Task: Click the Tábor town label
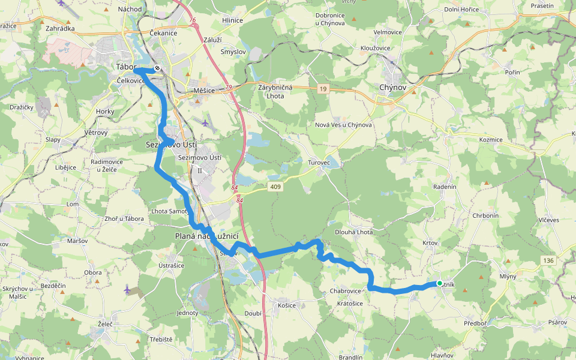click(x=126, y=67)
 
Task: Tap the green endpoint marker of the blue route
click(x=440, y=283)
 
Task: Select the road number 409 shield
click(x=276, y=187)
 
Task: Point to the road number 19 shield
click(x=323, y=89)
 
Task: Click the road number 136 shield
click(x=547, y=260)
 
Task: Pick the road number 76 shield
click(x=192, y=20)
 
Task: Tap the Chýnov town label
click(x=392, y=88)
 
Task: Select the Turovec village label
click(x=319, y=163)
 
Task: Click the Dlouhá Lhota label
click(x=353, y=232)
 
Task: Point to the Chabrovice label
click(x=346, y=291)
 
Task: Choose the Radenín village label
click(x=445, y=187)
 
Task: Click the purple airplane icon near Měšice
click(x=206, y=123)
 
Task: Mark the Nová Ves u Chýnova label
click(x=343, y=125)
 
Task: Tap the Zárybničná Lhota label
click(x=275, y=92)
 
